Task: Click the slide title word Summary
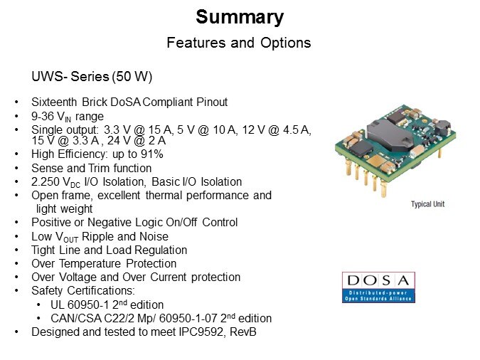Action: click(x=240, y=17)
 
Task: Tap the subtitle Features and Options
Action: click(x=239, y=43)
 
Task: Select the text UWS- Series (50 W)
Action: click(x=92, y=77)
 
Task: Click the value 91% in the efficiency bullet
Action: click(x=152, y=154)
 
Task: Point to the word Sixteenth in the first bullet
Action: click(x=54, y=102)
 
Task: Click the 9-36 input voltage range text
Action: click(x=43, y=116)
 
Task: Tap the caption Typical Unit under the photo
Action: click(x=427, y=204)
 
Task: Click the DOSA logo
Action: click(x=378, y=287)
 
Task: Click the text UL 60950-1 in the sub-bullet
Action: click(x=80, y=305)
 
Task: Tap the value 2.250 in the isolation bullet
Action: click(x=46, y=181)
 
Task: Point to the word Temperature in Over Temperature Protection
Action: click(x=90, y=263)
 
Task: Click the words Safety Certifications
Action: click(x=83, y=290)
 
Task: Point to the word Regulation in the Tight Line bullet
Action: click(x=161, y=250)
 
